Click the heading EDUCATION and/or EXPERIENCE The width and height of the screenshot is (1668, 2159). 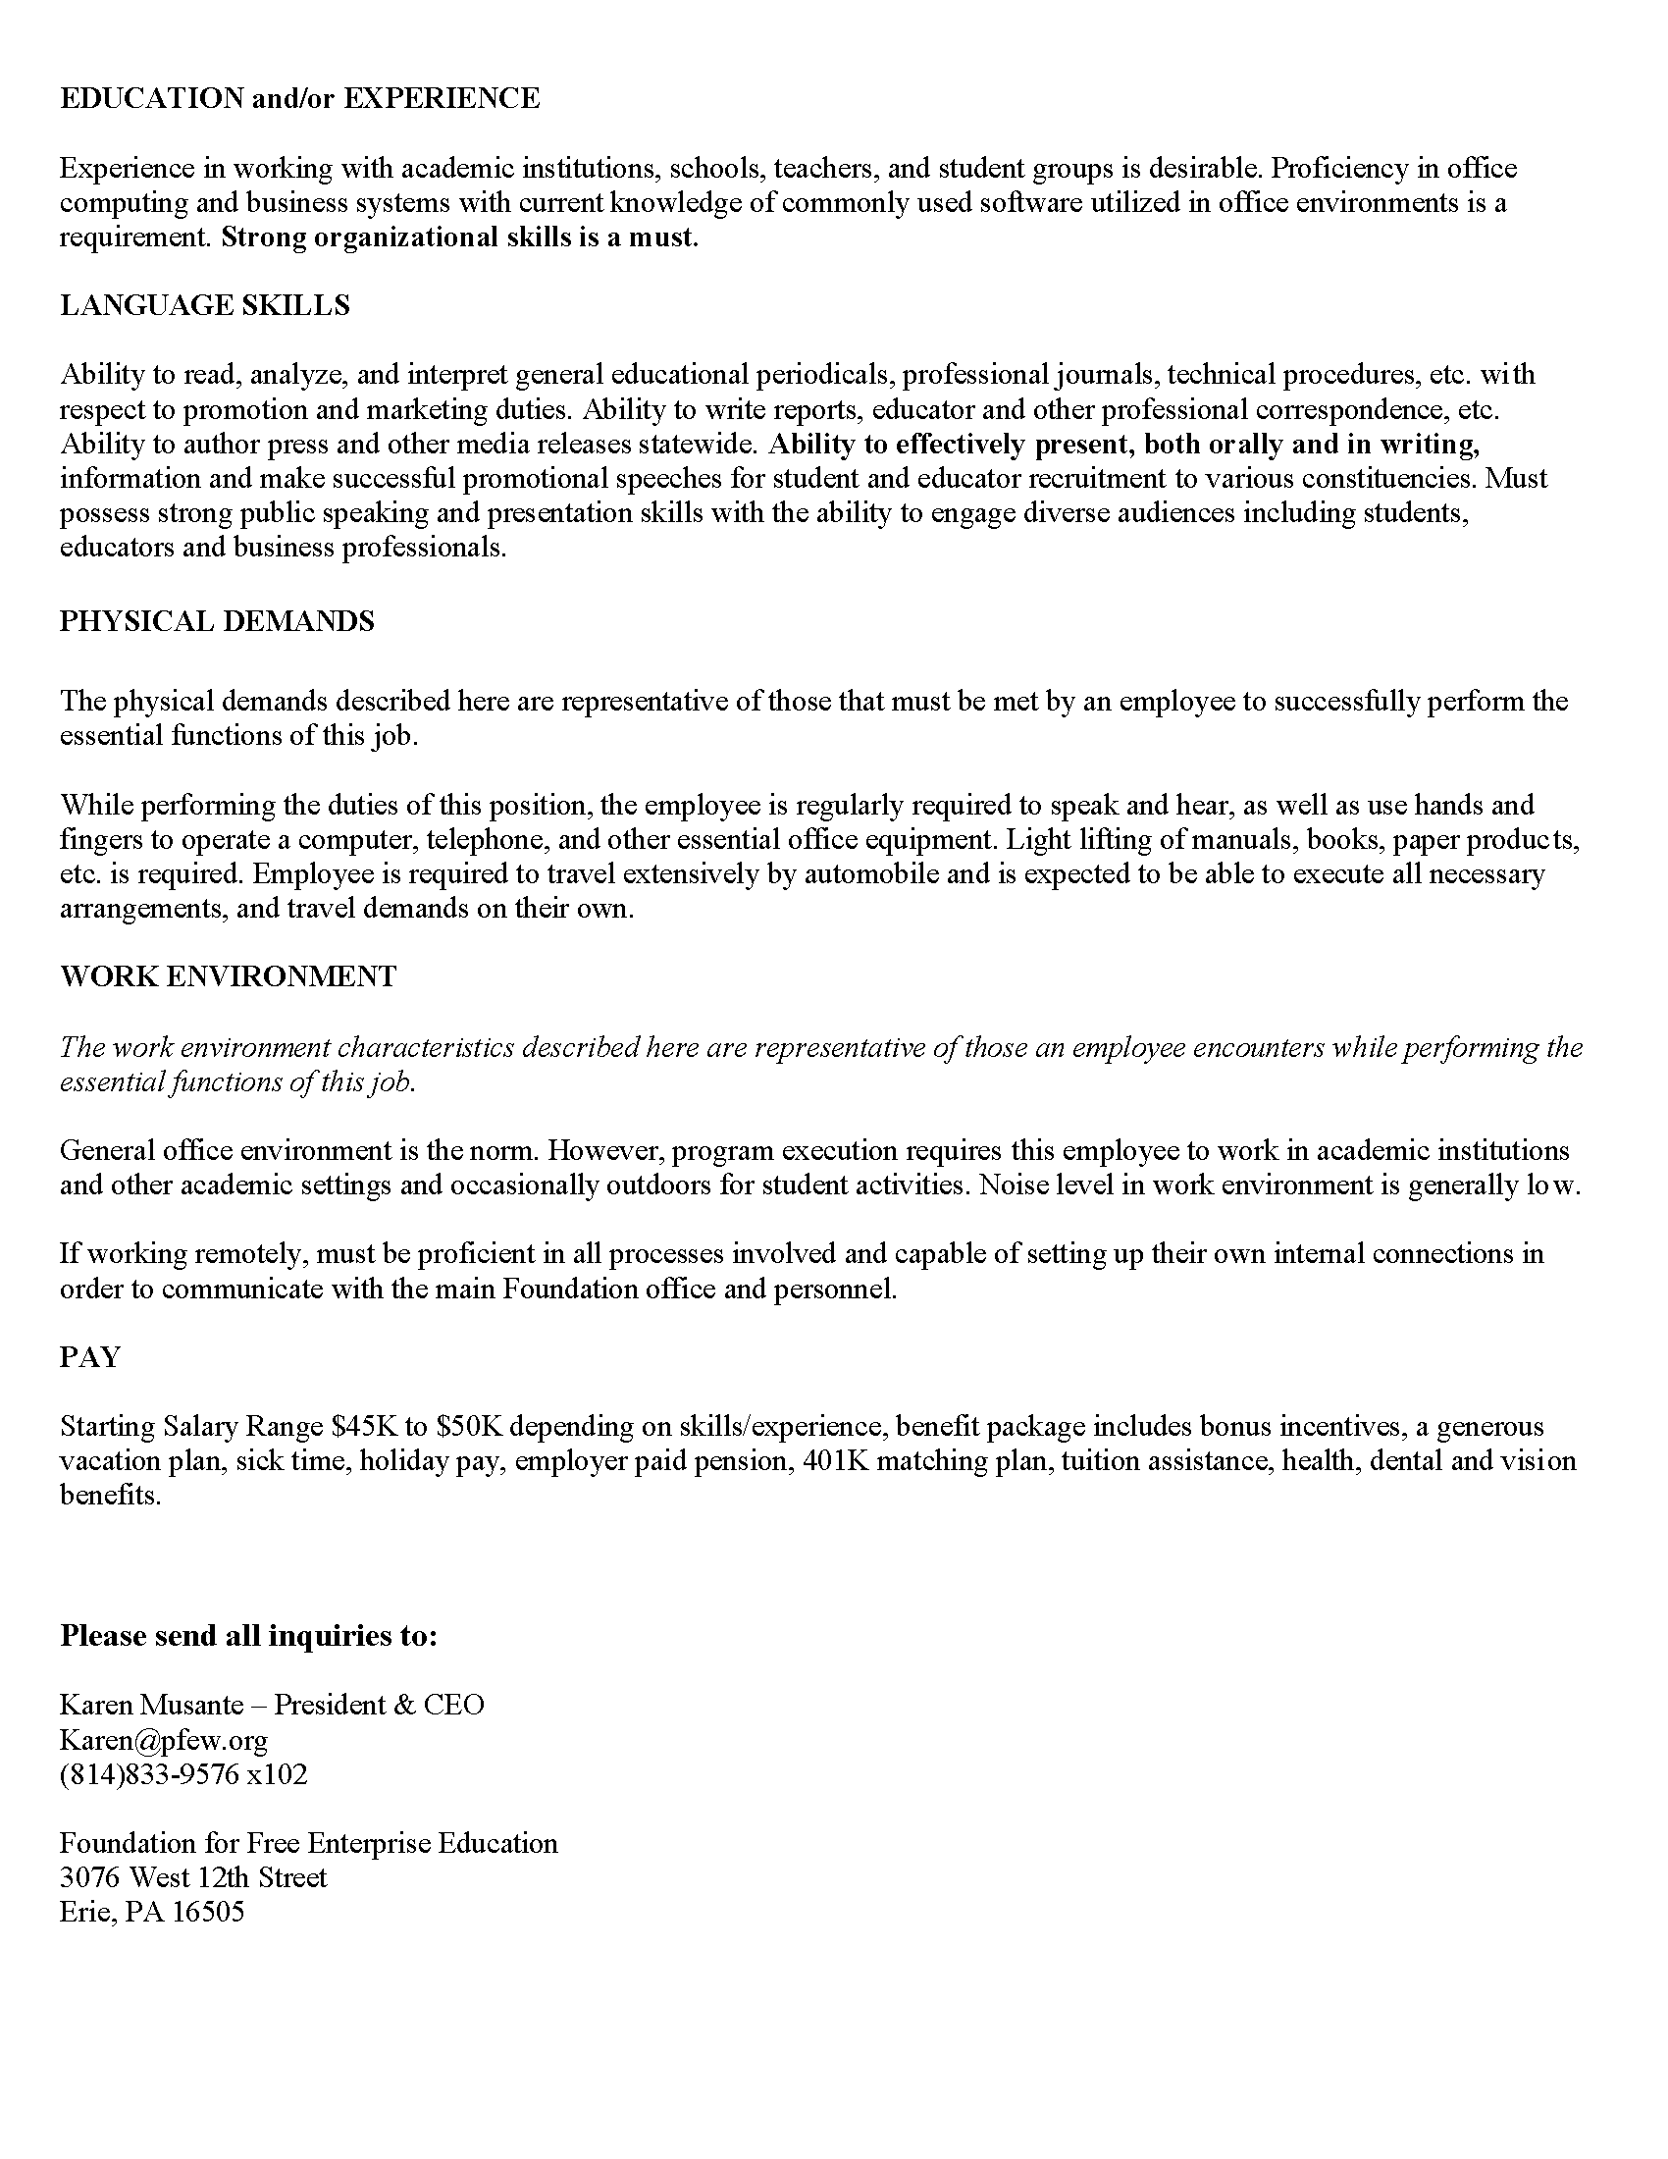299,98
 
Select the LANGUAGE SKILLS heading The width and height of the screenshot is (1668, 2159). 204,305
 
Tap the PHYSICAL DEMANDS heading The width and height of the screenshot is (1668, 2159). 218,621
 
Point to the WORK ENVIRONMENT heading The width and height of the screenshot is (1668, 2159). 229,976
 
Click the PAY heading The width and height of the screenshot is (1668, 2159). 90,1357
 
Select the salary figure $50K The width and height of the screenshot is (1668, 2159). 469,1427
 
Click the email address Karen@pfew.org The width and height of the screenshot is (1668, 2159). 163,1739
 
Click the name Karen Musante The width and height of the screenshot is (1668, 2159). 151,1705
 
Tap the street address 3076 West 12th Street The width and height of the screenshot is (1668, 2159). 192,1877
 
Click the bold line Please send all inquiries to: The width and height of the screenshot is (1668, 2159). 248,1635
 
